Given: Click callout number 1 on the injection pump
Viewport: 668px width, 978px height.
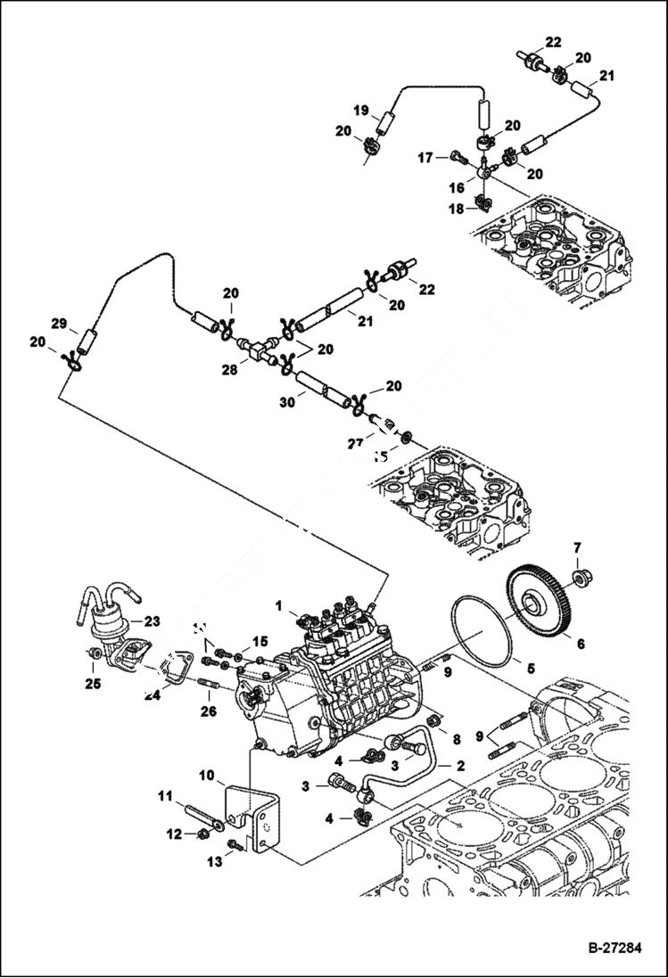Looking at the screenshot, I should [x=279, y=605].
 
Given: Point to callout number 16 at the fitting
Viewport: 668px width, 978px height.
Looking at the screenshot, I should [x=456, y=188].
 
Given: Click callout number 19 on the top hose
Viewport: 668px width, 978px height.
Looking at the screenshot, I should [x=360, y=111].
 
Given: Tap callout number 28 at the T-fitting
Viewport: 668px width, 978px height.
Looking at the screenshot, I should [x=229, y=368].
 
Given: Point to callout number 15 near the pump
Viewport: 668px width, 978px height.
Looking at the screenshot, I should [x=260, y=641].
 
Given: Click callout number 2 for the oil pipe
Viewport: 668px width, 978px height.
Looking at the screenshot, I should [x=461, y=765].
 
